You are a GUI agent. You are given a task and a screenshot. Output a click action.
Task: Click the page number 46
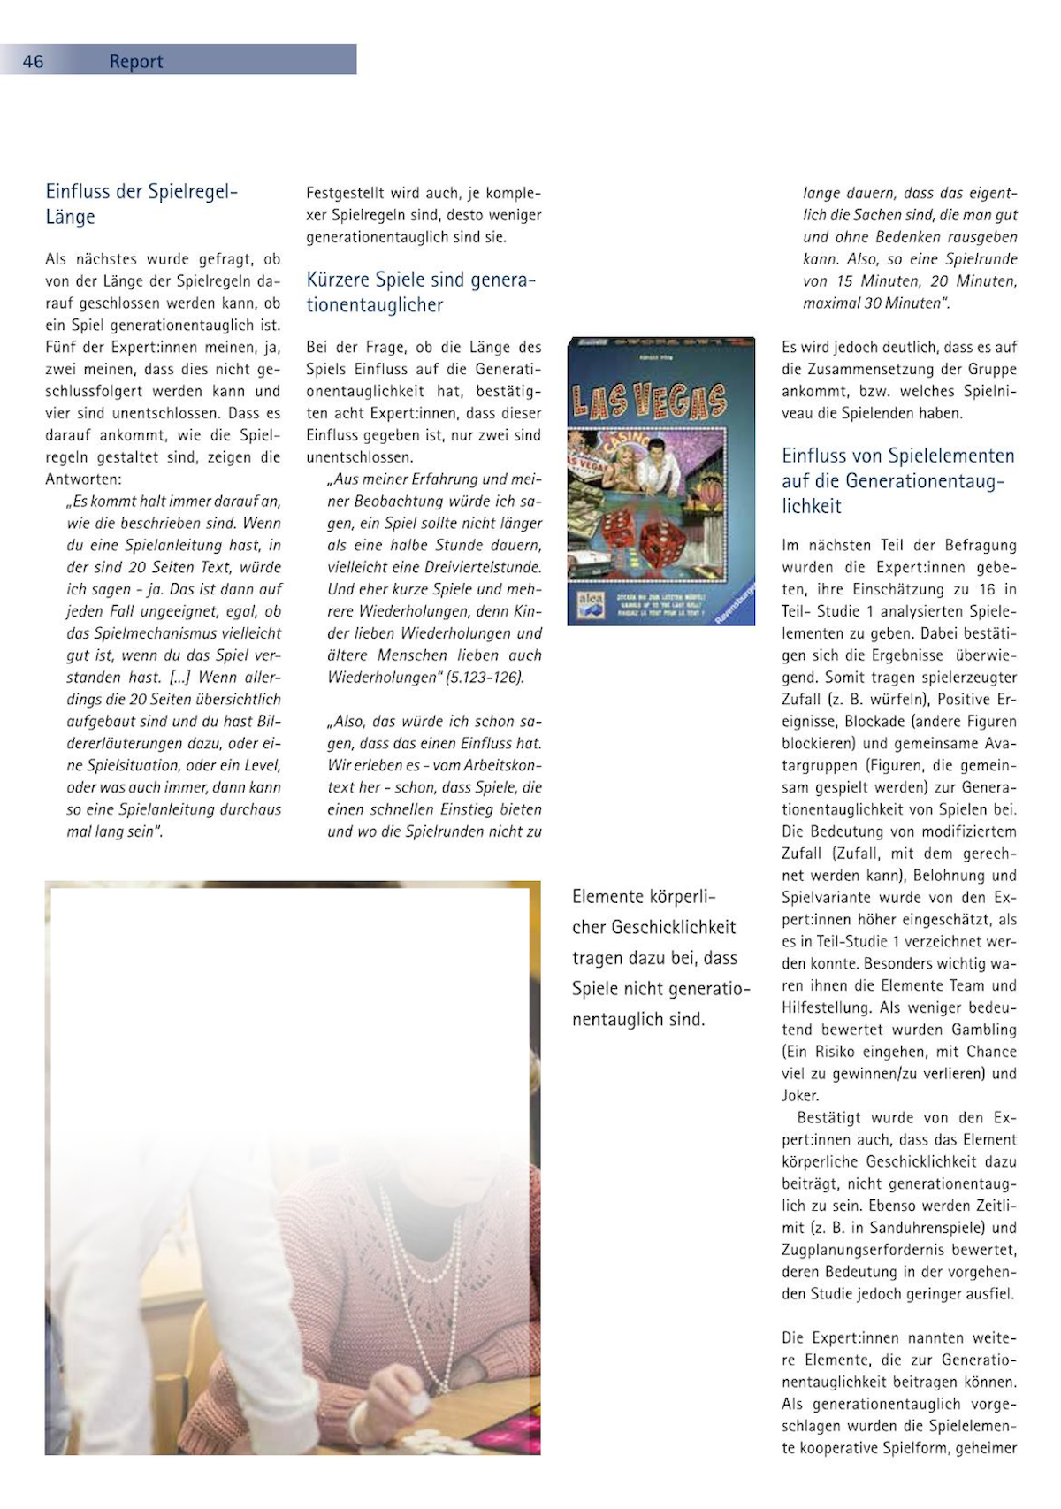pos(33,61)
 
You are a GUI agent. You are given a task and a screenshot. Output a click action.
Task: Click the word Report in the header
pos(136,61)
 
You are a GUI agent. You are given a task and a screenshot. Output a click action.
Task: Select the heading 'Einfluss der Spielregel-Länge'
pos(141,204)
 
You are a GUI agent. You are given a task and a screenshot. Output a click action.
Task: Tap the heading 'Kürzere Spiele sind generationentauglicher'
pos(421,292)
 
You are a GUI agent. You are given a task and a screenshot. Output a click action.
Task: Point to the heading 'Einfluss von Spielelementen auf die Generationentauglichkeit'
pos(897,480)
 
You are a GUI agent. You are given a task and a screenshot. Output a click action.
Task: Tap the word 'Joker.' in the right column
pos(800,1096)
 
